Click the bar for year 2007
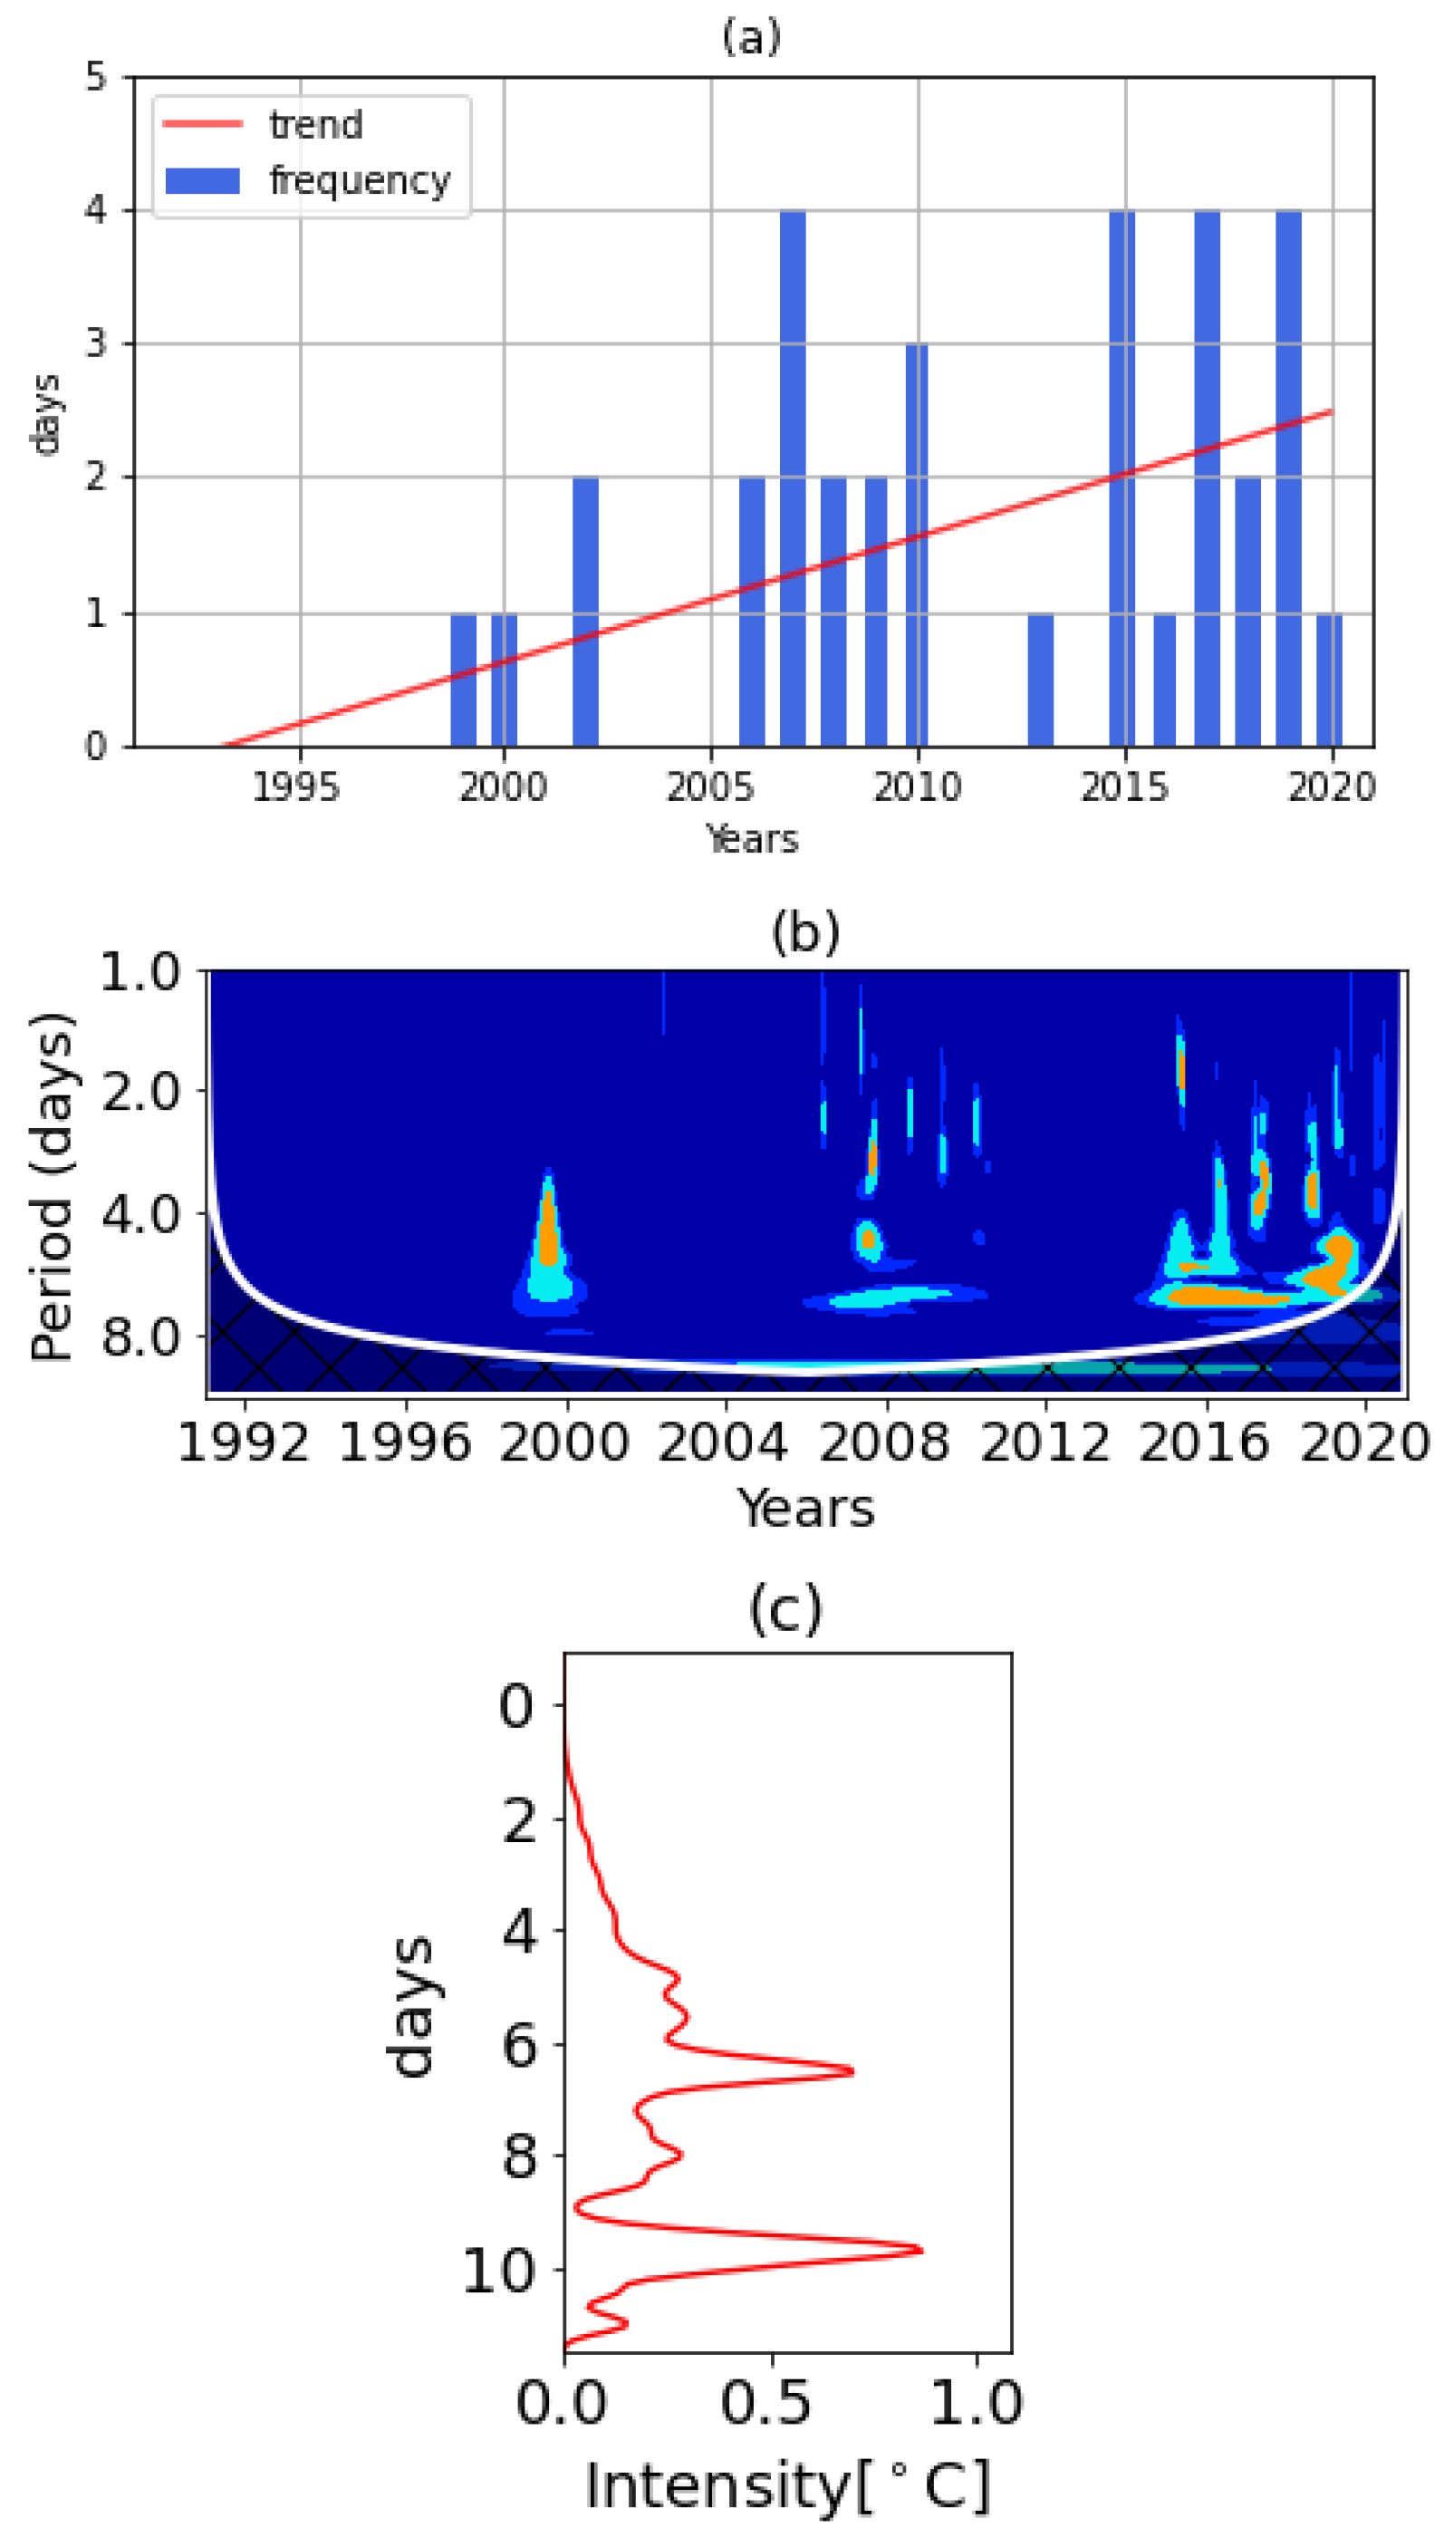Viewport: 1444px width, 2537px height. pyautogui.click(x=793, y=478)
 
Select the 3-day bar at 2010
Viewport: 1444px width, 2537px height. pyautogui.click(x=917, y=545)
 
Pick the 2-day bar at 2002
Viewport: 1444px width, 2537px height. pyautogui.click(x=585, y=611)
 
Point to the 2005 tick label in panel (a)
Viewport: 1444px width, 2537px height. pyautogui.click(x=710, y=786)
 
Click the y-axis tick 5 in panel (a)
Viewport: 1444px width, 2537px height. pyautogui.click(x=95, y=76)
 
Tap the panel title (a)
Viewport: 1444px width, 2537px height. pyautogui.click(x=751, y=37)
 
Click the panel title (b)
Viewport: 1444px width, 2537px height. pyautogui.click(x=805, y=931)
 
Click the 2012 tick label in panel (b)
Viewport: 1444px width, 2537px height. pyautogui.click(x=1044, y=1441)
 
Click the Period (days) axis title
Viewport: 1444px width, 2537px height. pyautogui.click(x=52, y=1186)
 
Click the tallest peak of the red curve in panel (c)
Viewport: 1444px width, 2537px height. pyautogui.click(x=919, y=2250)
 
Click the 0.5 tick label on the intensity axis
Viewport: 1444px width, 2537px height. pyautogui.click(x=765, y=2402)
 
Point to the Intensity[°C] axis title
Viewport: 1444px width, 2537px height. pyautogui.click(x=787, y=2485)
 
